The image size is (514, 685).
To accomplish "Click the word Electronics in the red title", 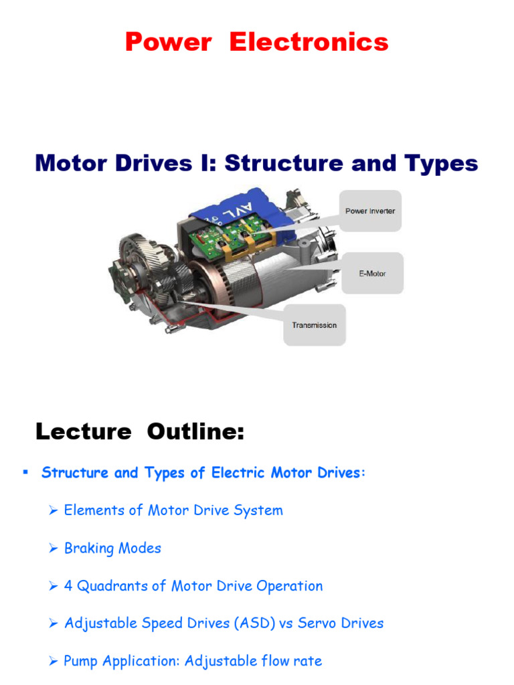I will (x=309, y=42).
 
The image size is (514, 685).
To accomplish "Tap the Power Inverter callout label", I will (x=370, y=211).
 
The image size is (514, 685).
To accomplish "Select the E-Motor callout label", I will (x=372, y=273).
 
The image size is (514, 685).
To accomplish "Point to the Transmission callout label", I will (x=315, y=325).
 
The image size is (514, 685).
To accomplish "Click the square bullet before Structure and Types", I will (x=25, y=472).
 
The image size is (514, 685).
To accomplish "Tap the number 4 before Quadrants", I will (x=68, y=586).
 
